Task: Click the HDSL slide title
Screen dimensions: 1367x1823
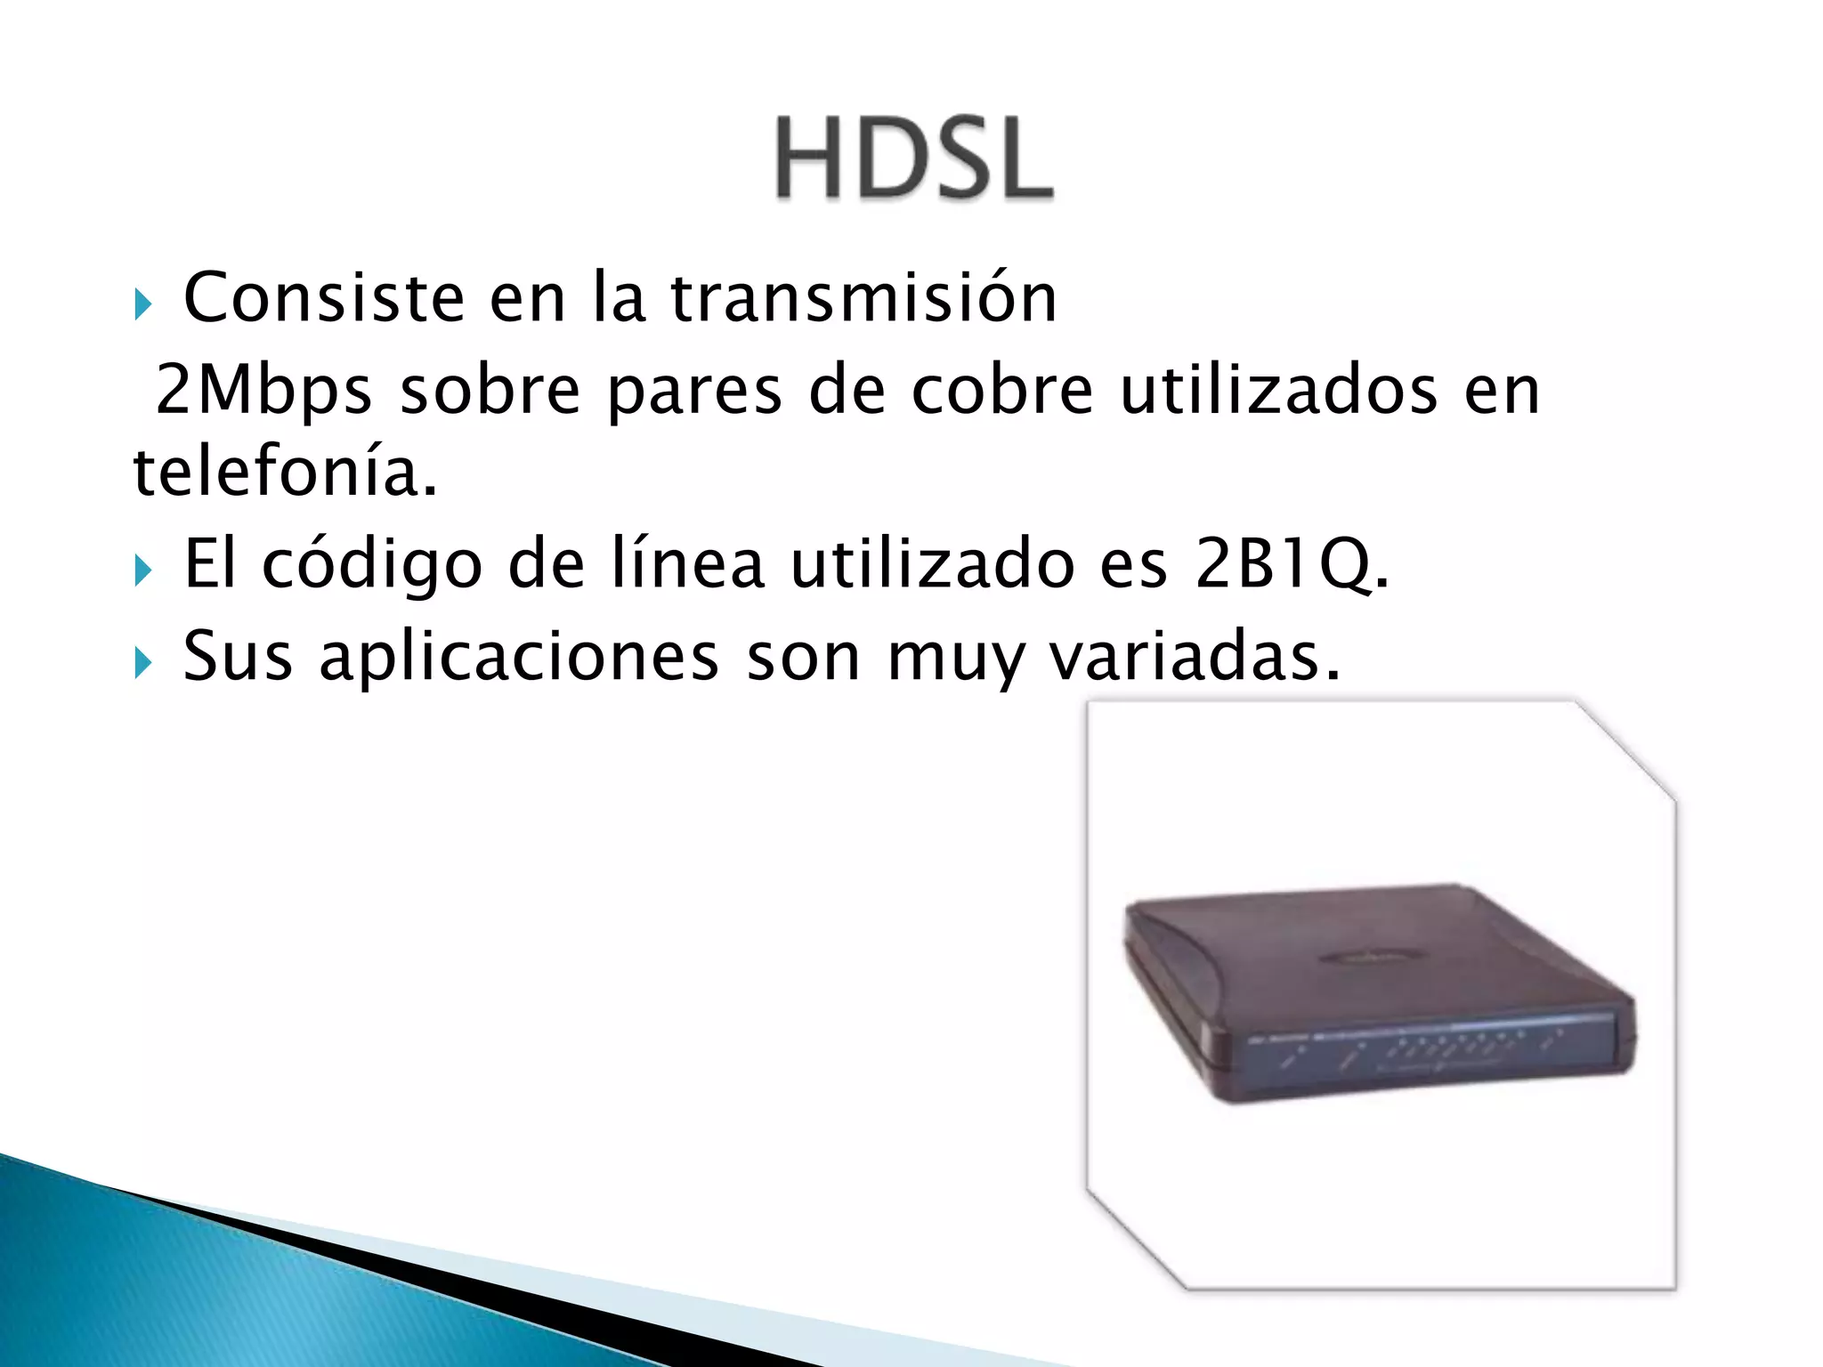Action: coord(914,158)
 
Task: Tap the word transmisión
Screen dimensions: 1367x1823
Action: coord(863,297)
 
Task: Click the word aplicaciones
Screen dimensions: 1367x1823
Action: coord(519,657)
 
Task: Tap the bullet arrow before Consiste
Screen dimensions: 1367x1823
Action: coord(143,305)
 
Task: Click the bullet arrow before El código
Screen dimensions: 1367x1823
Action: coord(143,571)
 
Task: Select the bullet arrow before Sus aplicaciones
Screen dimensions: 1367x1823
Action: coord(143,664)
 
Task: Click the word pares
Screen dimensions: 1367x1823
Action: coord(694,392)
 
